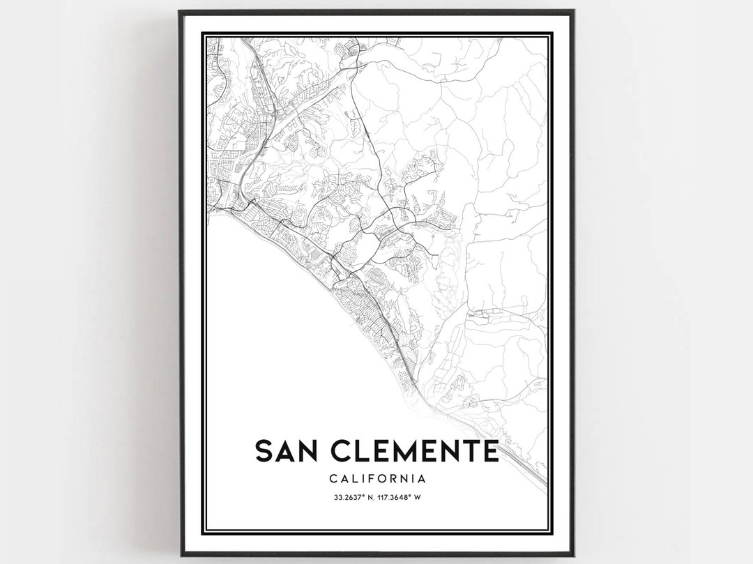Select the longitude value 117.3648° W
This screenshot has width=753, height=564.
click(x=403, y=497)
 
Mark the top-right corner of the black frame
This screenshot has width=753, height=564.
click(x=572, y=12)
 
